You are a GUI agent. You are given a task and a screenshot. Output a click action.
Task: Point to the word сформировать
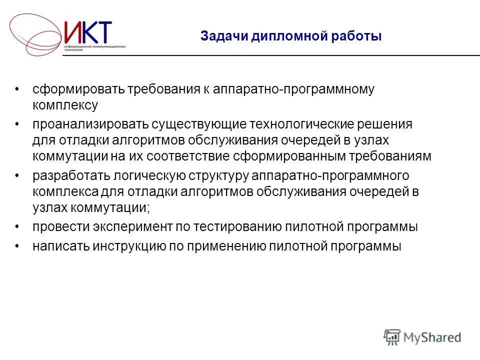coord(77,89)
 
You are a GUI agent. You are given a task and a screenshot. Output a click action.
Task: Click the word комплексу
coord(65,105)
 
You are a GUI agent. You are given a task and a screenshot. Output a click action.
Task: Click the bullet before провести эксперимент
coord(18,226)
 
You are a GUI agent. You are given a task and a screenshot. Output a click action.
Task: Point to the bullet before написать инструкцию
coord(18,246)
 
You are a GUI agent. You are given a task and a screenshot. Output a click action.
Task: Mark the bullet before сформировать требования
coord(18,89)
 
